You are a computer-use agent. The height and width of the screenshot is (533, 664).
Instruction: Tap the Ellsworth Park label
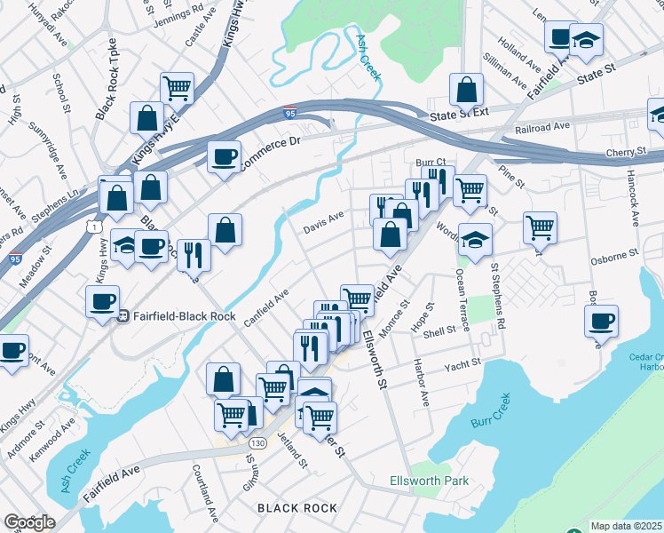[x=429, y=481]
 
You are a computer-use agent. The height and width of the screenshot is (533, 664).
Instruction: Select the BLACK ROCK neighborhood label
[x=297, y=507]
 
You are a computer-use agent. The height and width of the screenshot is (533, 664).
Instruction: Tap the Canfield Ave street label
[x=268, y=306]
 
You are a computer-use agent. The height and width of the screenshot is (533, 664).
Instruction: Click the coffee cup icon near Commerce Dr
[x=224, y=156]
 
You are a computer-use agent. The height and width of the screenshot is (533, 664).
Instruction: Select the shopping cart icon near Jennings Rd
[x=178, y=87]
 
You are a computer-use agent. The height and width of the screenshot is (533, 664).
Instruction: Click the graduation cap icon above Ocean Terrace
[x=476, y=239]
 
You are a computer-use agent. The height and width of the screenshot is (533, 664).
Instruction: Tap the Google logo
[x=29, y=522]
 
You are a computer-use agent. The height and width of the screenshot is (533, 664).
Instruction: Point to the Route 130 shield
[x=257, y=442]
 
